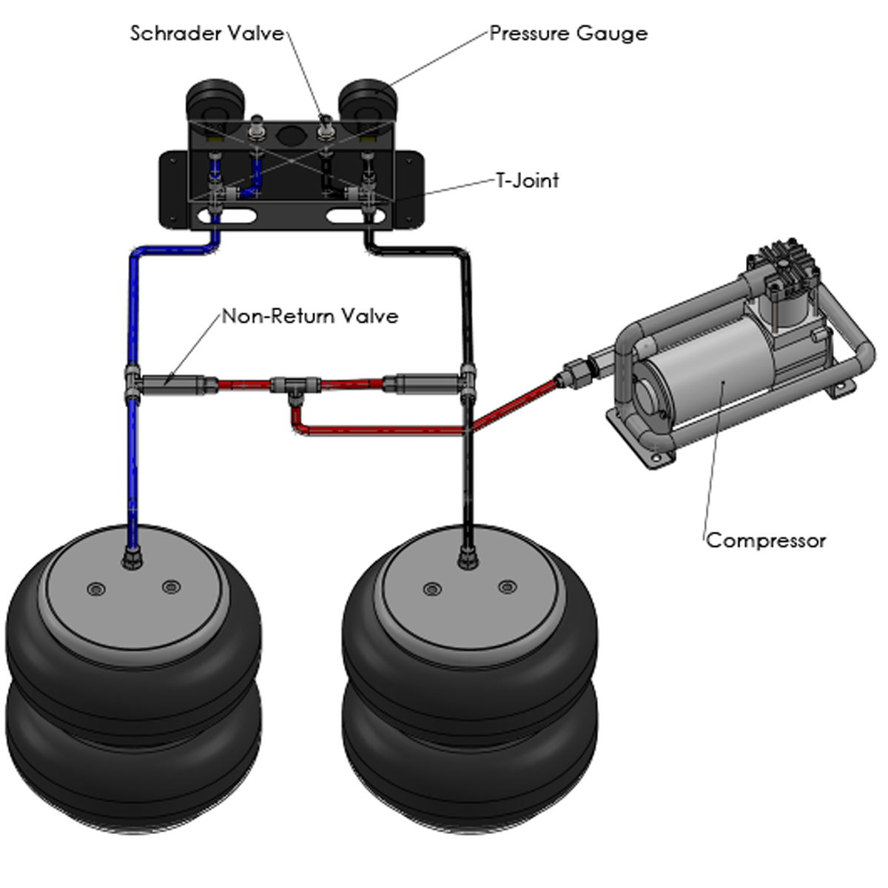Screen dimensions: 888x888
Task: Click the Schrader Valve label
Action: click(x=206, y=33)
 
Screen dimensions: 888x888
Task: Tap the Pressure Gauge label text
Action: click(x=568, y=33)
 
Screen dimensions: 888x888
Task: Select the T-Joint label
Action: click(x=528, y=181)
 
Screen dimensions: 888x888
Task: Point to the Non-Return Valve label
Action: click(x=310, y=317)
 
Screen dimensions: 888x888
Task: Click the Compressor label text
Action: click(x=766, y=540)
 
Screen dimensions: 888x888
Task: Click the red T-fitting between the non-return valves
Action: click(x=295, y=386)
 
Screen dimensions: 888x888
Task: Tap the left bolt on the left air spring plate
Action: click(x=96, y=589)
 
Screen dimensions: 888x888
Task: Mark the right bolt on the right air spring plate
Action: click(x=506, y=587)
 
